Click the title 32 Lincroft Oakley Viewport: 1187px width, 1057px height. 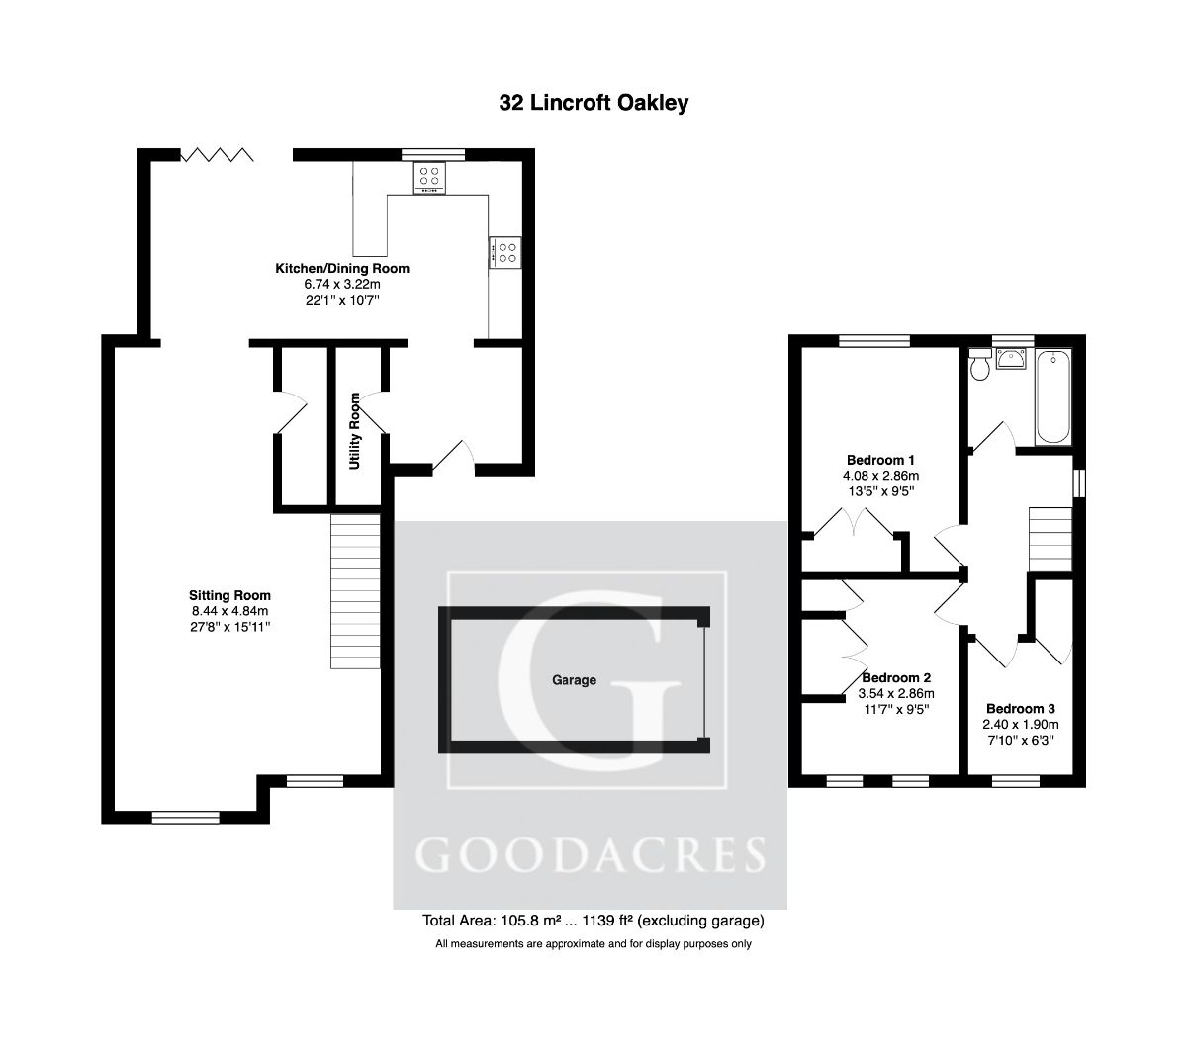click(x=593, y=103)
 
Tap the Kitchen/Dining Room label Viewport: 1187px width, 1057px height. click(x=341, y=269)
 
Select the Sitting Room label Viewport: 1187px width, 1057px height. click(x=229, y=595)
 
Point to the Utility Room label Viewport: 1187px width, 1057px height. click(x=354, y=431)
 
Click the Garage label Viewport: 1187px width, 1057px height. click(x=575, y=680)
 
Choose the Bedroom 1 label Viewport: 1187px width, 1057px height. click(x=880, y=460)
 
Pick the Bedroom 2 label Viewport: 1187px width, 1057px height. click(x=896, y=678)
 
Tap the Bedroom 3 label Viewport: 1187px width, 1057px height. click(x=1021, y=709)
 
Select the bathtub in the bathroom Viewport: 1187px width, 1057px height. click(x=1050, y=396)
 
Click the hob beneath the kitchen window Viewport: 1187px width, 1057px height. click(x=429, y=177)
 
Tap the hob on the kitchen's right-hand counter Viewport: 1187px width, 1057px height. click(x=504, y=252)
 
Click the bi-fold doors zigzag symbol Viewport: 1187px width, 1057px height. click(x=217, y=154)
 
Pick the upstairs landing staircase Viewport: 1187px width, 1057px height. click(x=1051, y=538)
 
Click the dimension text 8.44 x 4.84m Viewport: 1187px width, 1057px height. click(x=229, y=611)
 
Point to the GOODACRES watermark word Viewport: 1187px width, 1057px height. click(x=591, y=854)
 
